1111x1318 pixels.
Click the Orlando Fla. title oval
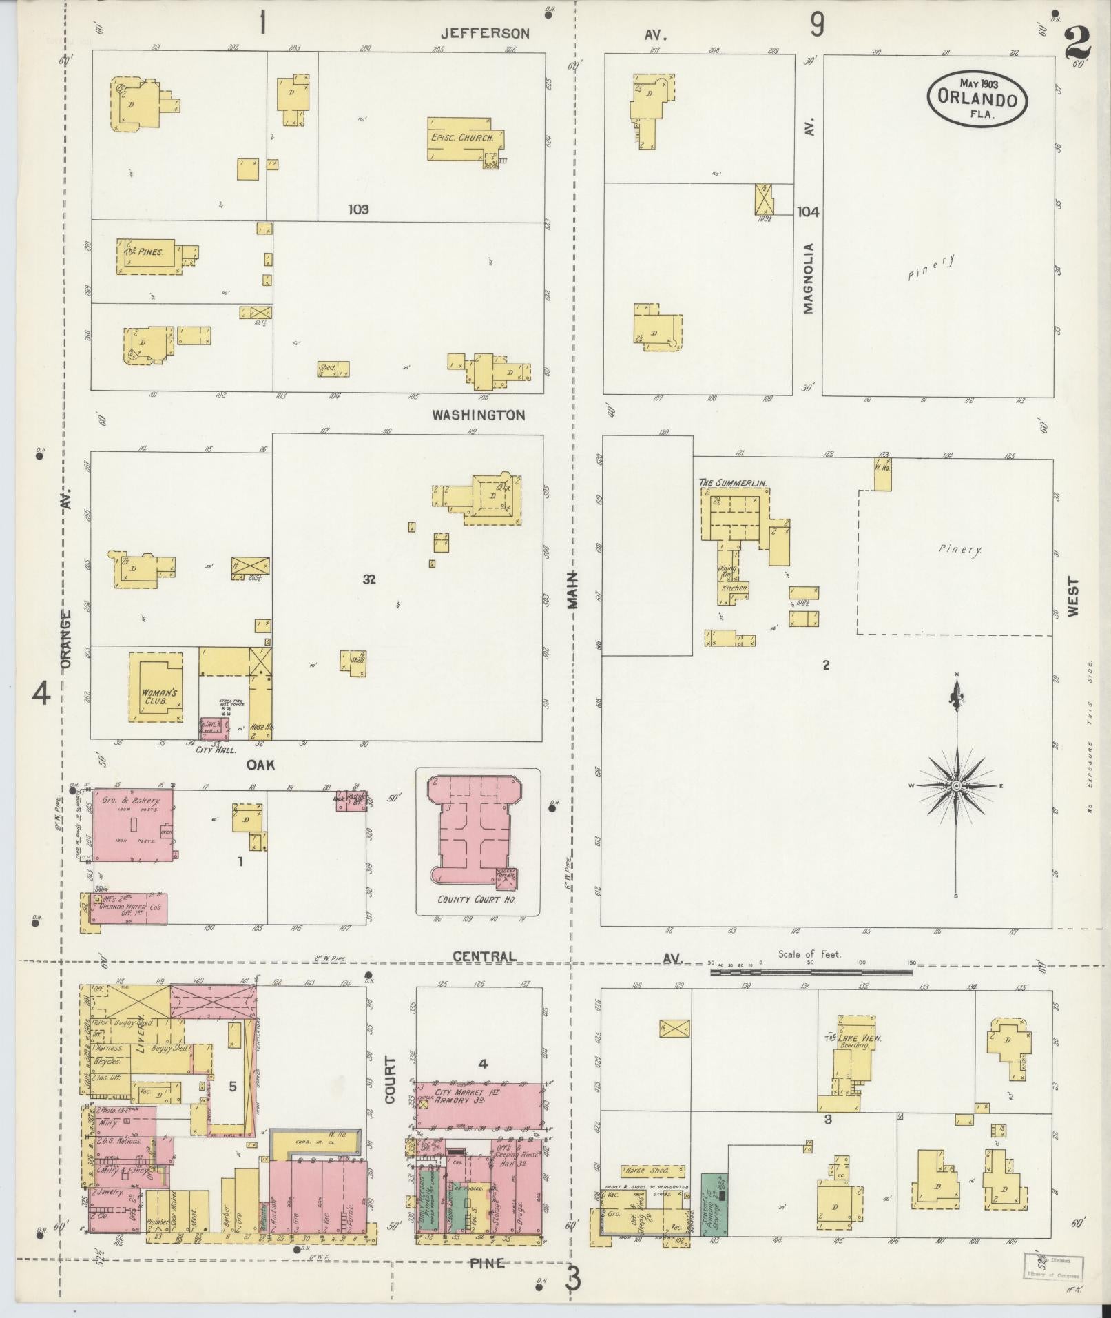pos(977,98)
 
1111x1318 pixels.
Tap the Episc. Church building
pos(461,138)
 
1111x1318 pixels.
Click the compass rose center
pos(956,785)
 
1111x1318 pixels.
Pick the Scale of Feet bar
pos(811,973)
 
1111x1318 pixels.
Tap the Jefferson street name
pos(486,33)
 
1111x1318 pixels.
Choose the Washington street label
pos(479,415)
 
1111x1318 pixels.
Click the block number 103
pos(358,209)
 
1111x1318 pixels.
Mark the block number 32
pos(370,579)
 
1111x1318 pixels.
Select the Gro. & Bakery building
pos(133,825)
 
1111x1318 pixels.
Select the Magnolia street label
pos(808,278)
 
